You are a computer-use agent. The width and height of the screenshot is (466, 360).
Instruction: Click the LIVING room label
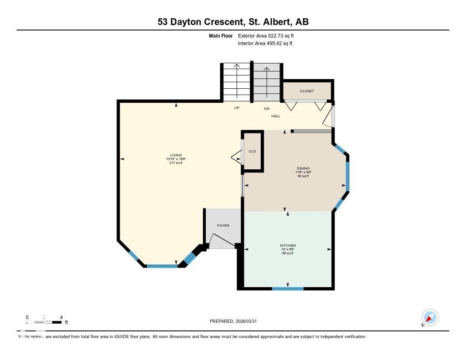pos(176,155)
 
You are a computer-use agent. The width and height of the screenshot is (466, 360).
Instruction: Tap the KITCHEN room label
pos(288,246)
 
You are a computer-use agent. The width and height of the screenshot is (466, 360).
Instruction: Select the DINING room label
pos(303,168)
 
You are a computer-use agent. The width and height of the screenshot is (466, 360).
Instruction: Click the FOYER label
pos(223,226)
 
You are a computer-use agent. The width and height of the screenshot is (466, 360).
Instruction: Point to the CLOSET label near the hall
pos(307,91)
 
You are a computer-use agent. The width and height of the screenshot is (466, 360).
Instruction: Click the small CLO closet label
pos(253,151)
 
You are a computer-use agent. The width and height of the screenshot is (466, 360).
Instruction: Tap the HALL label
pos(276,116)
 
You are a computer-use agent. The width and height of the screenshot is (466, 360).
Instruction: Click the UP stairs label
pos(237,108)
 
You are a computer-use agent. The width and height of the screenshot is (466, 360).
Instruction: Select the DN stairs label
pos(267,108)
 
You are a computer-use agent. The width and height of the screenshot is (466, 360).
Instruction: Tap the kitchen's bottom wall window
pos(288,288)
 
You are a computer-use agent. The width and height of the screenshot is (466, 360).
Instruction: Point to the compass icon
pos(430,317)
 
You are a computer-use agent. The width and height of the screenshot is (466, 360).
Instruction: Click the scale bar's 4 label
pos(61,317)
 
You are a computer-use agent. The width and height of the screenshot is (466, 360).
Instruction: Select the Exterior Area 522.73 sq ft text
pos(269,35)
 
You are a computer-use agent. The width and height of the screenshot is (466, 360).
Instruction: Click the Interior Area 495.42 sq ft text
pos(265,44)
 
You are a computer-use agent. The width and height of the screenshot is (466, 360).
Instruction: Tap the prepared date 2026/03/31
pos(250,321)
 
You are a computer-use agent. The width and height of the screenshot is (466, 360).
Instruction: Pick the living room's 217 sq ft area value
pos(176,162)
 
